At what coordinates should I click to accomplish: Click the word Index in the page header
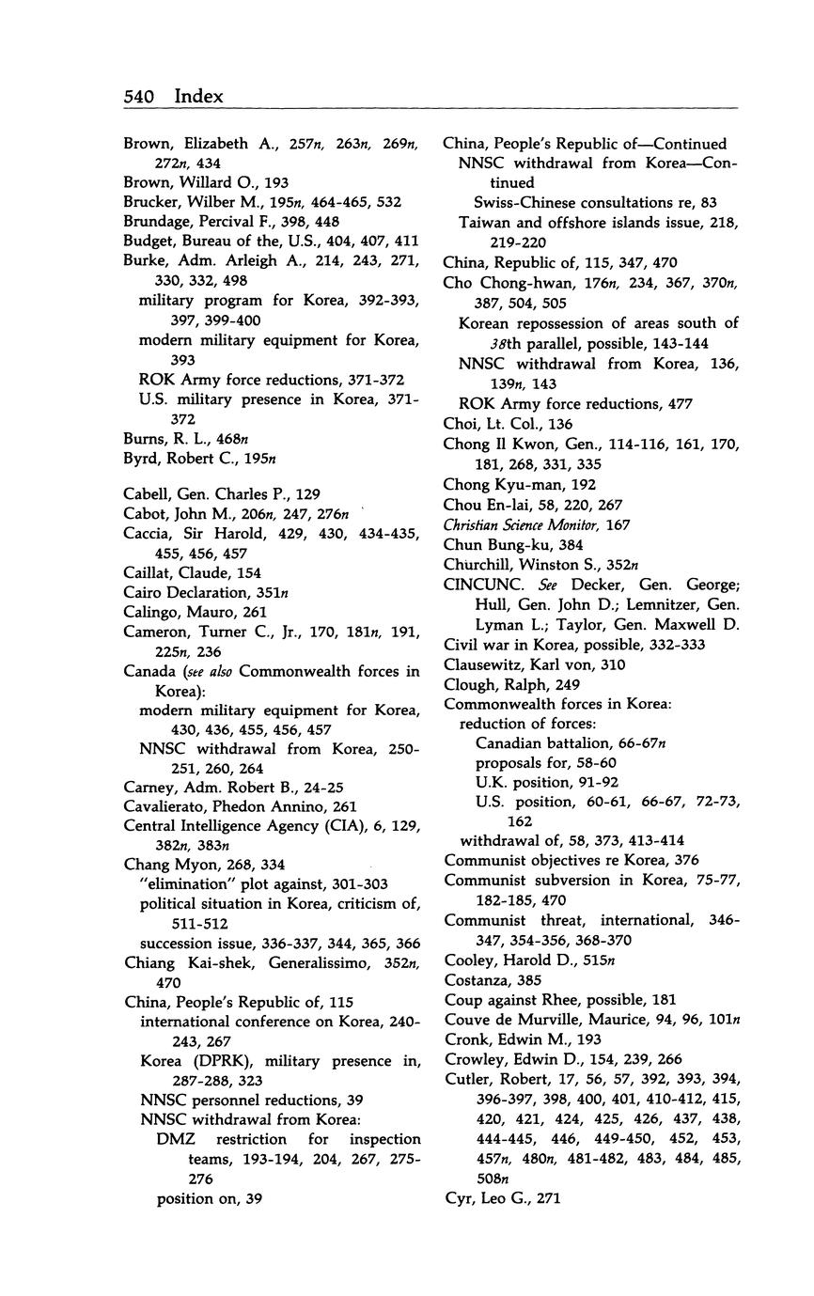tap(199, 97)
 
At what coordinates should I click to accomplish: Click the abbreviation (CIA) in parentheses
tap(341, 826)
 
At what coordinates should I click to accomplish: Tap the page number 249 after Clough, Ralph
tap(568, 684)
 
